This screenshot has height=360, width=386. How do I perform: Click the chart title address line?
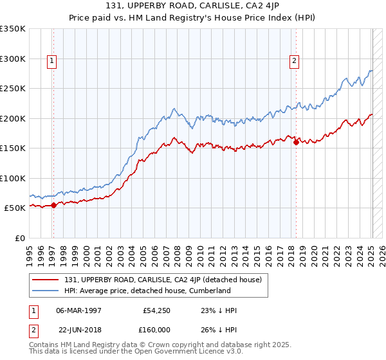(x=193, y=7)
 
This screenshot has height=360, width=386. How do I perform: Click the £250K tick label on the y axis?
(x=12, y=88)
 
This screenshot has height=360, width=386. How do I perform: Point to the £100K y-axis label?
(x=12, y=178)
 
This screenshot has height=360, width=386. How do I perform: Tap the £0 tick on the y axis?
(x=19, y=238)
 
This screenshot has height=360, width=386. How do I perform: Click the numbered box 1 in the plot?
(x=52, y=62)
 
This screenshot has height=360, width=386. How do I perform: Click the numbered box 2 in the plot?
(x=295, y=62)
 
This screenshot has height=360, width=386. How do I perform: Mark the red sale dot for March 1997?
(x=53, y=205)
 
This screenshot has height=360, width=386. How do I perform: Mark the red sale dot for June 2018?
(x=296, y=142)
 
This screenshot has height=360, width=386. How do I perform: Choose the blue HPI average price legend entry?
(x=147, y=291)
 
